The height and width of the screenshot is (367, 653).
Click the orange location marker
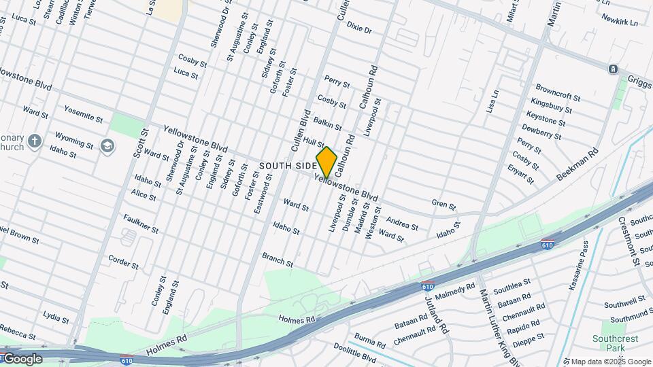click(x=326, y=162)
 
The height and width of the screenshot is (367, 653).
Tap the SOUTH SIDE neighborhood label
click(x=288, y=166)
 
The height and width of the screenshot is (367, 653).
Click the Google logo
click(x=22, y=358)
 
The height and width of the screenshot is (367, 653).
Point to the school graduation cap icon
click(x=107, y=145)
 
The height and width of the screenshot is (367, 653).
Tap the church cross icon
click(x=35, y=141)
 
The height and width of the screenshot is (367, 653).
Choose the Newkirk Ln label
click(x=621, y=21)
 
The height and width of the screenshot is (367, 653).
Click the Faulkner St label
click(x=141, y=224)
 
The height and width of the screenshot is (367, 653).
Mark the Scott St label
click(x=140, y=144)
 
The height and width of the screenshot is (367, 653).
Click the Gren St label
click(x=443, y=205)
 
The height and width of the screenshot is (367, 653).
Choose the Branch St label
click(x=278, y=259)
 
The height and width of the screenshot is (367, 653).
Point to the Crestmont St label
click(x=629, y=241)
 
